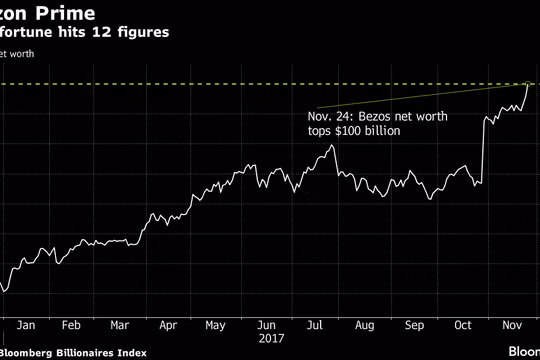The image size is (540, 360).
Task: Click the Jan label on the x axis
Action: [x=26, y=326]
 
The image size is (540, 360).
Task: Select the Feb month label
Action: [x=72, y=326]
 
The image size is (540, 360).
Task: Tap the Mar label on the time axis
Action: [x=120, y=326]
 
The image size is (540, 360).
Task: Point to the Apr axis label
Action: [x=167, y=326]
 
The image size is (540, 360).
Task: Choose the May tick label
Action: [x=215, y=326]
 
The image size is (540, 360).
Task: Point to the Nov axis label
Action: [x=510, y=326]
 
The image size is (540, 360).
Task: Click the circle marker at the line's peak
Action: [x=527, y=84]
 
